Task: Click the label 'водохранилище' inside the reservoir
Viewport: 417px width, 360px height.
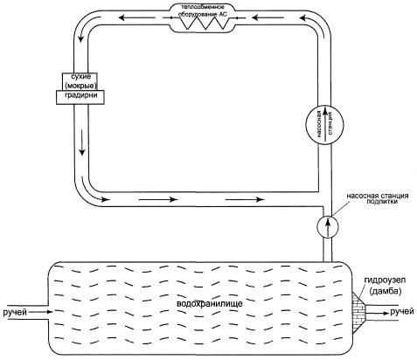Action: click(x=210, y=304)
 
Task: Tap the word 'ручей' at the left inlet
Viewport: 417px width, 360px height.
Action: click(x=15, y=312)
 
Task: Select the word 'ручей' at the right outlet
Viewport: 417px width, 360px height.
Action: click(x=402, y=312)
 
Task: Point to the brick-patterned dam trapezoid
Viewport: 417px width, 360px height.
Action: click(x=358, y=312)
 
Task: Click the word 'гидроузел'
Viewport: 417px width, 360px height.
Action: click(x=385, y=280)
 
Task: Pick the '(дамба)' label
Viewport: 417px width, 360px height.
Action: click(x=385, y=291)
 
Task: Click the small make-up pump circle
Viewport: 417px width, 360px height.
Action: click(x=327, y=227)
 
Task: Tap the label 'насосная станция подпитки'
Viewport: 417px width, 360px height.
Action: click(x=377, y=198)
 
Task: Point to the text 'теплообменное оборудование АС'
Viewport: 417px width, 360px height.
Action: click(x=202, y=10)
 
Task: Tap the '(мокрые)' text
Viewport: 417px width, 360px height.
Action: click(x=80, y=86)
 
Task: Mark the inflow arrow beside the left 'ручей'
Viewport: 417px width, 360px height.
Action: click(x=40, y=312)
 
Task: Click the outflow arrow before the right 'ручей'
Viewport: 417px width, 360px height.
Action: click(x=378, y=313)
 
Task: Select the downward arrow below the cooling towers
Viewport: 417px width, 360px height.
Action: click(x=82, y=142)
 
